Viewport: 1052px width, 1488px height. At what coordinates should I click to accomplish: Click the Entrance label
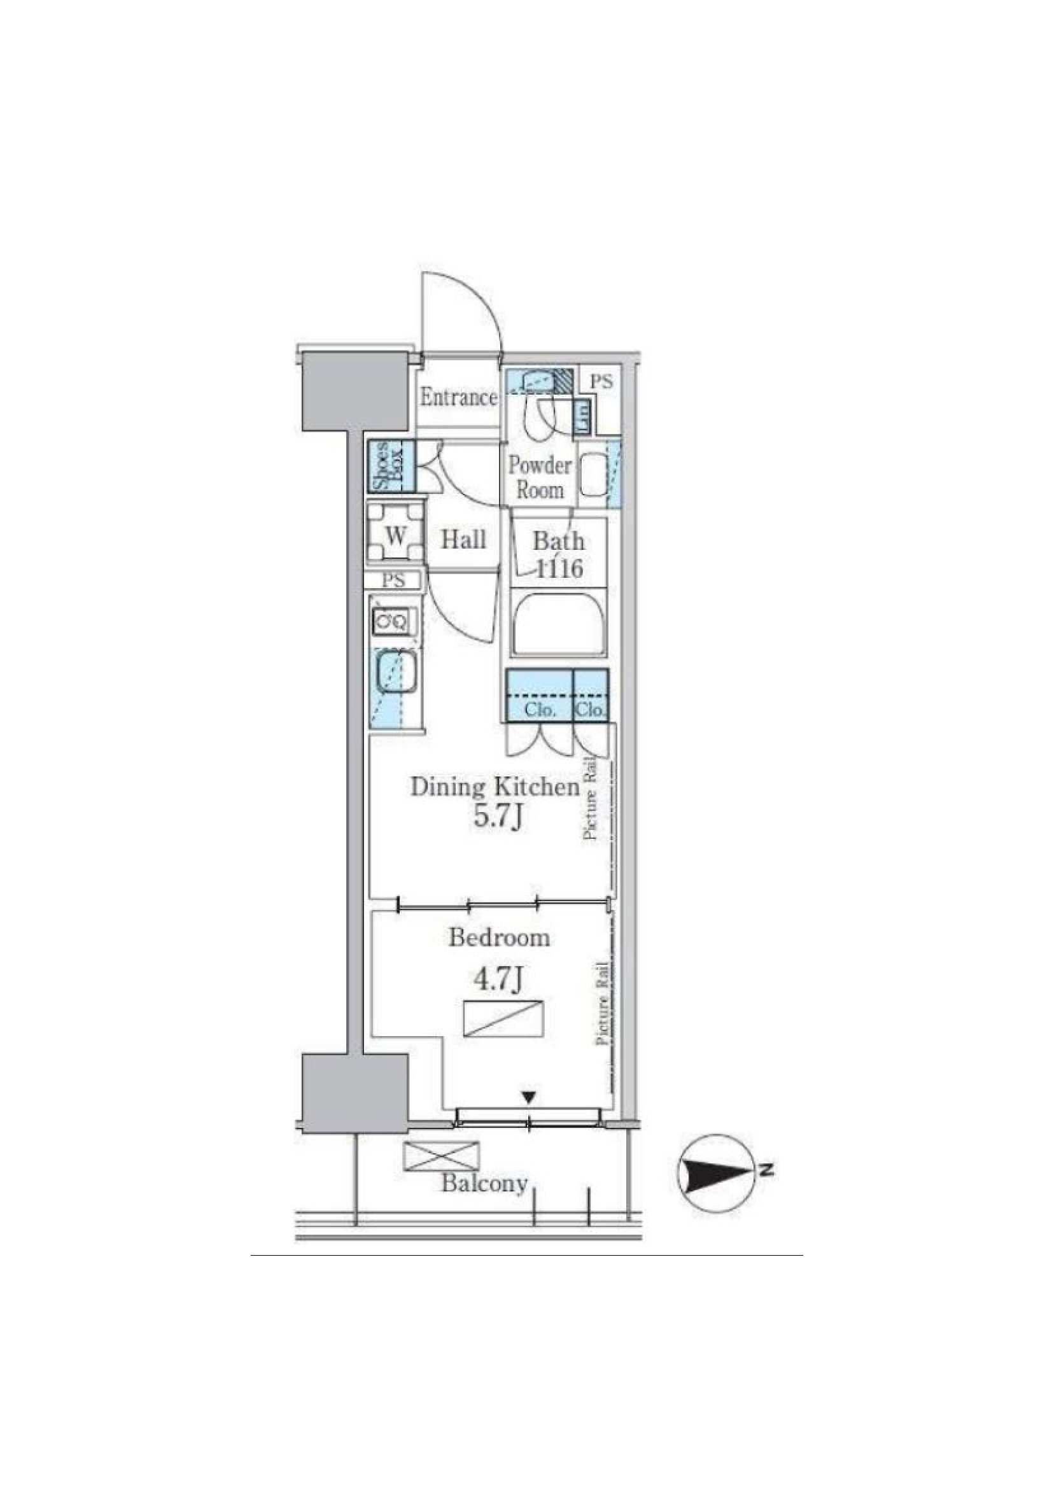tap(458, 397)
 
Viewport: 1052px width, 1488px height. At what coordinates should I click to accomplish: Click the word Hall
tap(463, 539)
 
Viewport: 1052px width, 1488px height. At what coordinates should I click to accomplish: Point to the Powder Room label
tap(539, 477)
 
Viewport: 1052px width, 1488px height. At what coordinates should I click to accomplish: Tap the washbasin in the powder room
tap(591, 475)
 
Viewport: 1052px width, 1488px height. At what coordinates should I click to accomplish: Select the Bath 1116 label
tap(558, 555)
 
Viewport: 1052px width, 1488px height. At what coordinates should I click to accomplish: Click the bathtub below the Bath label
tap(559, 626)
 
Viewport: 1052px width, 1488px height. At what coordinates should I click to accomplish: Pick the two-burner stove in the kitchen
tap(391, 622)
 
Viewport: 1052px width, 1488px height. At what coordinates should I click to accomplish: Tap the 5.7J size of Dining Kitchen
tap(498, 817)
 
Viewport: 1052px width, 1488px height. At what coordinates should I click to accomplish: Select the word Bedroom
tap(499, 937)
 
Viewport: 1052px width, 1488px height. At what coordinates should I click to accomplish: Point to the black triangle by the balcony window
tap(530, 1097)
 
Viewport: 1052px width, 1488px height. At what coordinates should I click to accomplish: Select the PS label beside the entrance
tap(601, 382)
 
